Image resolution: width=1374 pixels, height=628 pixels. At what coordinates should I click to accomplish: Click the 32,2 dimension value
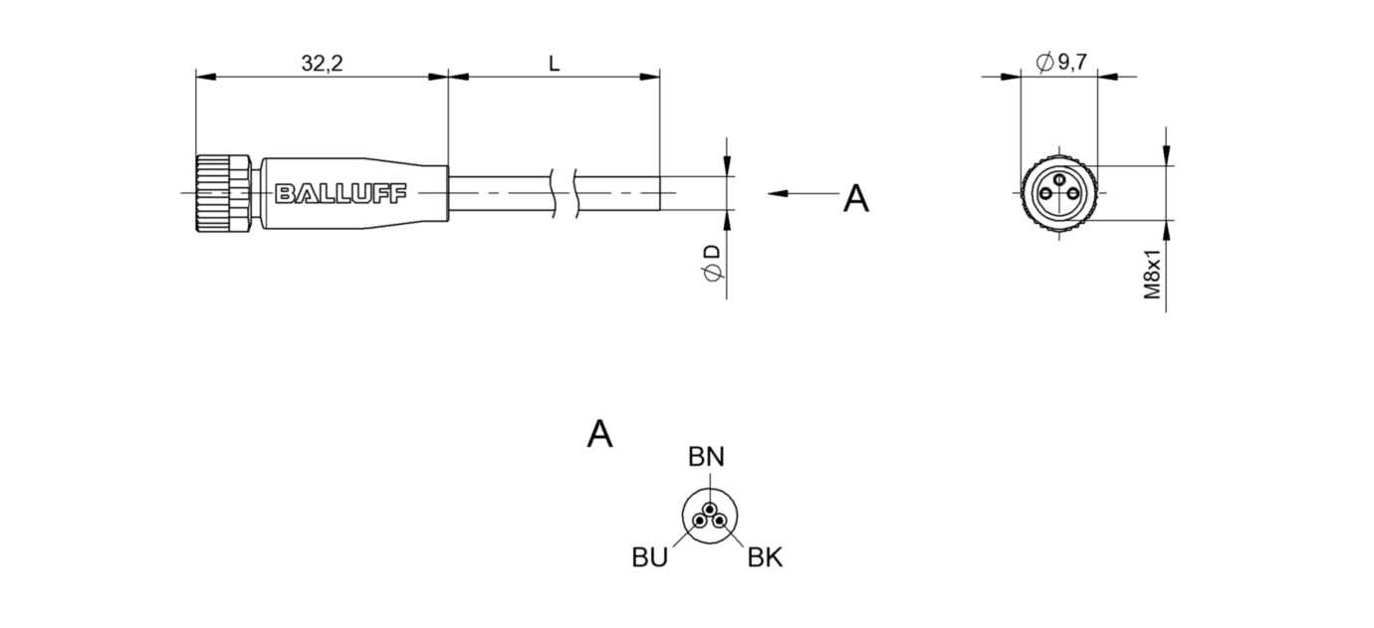coord(322,64)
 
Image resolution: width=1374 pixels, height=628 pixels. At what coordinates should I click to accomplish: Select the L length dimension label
coord(555,64)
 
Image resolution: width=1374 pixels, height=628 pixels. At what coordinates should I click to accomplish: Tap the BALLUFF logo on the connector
coord(341,193)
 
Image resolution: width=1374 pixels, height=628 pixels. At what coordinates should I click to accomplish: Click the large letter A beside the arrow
coord(855,198)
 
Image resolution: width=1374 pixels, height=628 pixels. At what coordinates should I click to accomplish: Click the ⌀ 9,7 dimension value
coord(1061,63)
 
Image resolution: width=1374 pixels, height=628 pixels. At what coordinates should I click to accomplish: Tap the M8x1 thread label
coord(1152,275)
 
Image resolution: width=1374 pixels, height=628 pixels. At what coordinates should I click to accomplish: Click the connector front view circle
coord(1059,193)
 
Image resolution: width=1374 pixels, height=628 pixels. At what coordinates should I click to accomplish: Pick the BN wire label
coord(706,457)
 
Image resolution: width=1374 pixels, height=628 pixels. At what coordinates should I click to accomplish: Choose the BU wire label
coord(649,557)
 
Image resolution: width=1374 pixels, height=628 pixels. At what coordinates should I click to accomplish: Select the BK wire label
coord(765,558)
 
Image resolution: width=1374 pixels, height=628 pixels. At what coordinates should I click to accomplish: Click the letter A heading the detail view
coord(599,434)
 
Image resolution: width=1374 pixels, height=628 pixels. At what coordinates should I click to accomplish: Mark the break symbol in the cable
coord(565,193)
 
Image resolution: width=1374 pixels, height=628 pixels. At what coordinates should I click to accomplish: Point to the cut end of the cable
coord(659,193)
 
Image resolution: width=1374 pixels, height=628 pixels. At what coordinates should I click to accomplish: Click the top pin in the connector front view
coord(1059,180)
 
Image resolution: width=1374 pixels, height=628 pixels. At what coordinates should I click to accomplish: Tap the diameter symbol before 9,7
coord(1043,63)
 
